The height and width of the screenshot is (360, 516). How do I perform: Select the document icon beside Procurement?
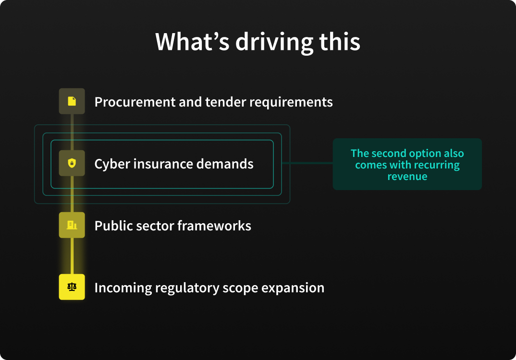(72, 101)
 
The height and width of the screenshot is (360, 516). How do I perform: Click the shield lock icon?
(72, 163)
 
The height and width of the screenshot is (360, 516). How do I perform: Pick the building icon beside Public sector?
(72, 225)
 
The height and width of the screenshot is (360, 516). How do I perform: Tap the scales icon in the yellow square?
(72, 287)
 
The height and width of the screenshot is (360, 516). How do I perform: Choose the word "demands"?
(225, 164)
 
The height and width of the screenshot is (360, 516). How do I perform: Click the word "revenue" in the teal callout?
(407, 176)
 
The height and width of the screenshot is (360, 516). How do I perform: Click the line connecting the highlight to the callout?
(307, 163)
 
